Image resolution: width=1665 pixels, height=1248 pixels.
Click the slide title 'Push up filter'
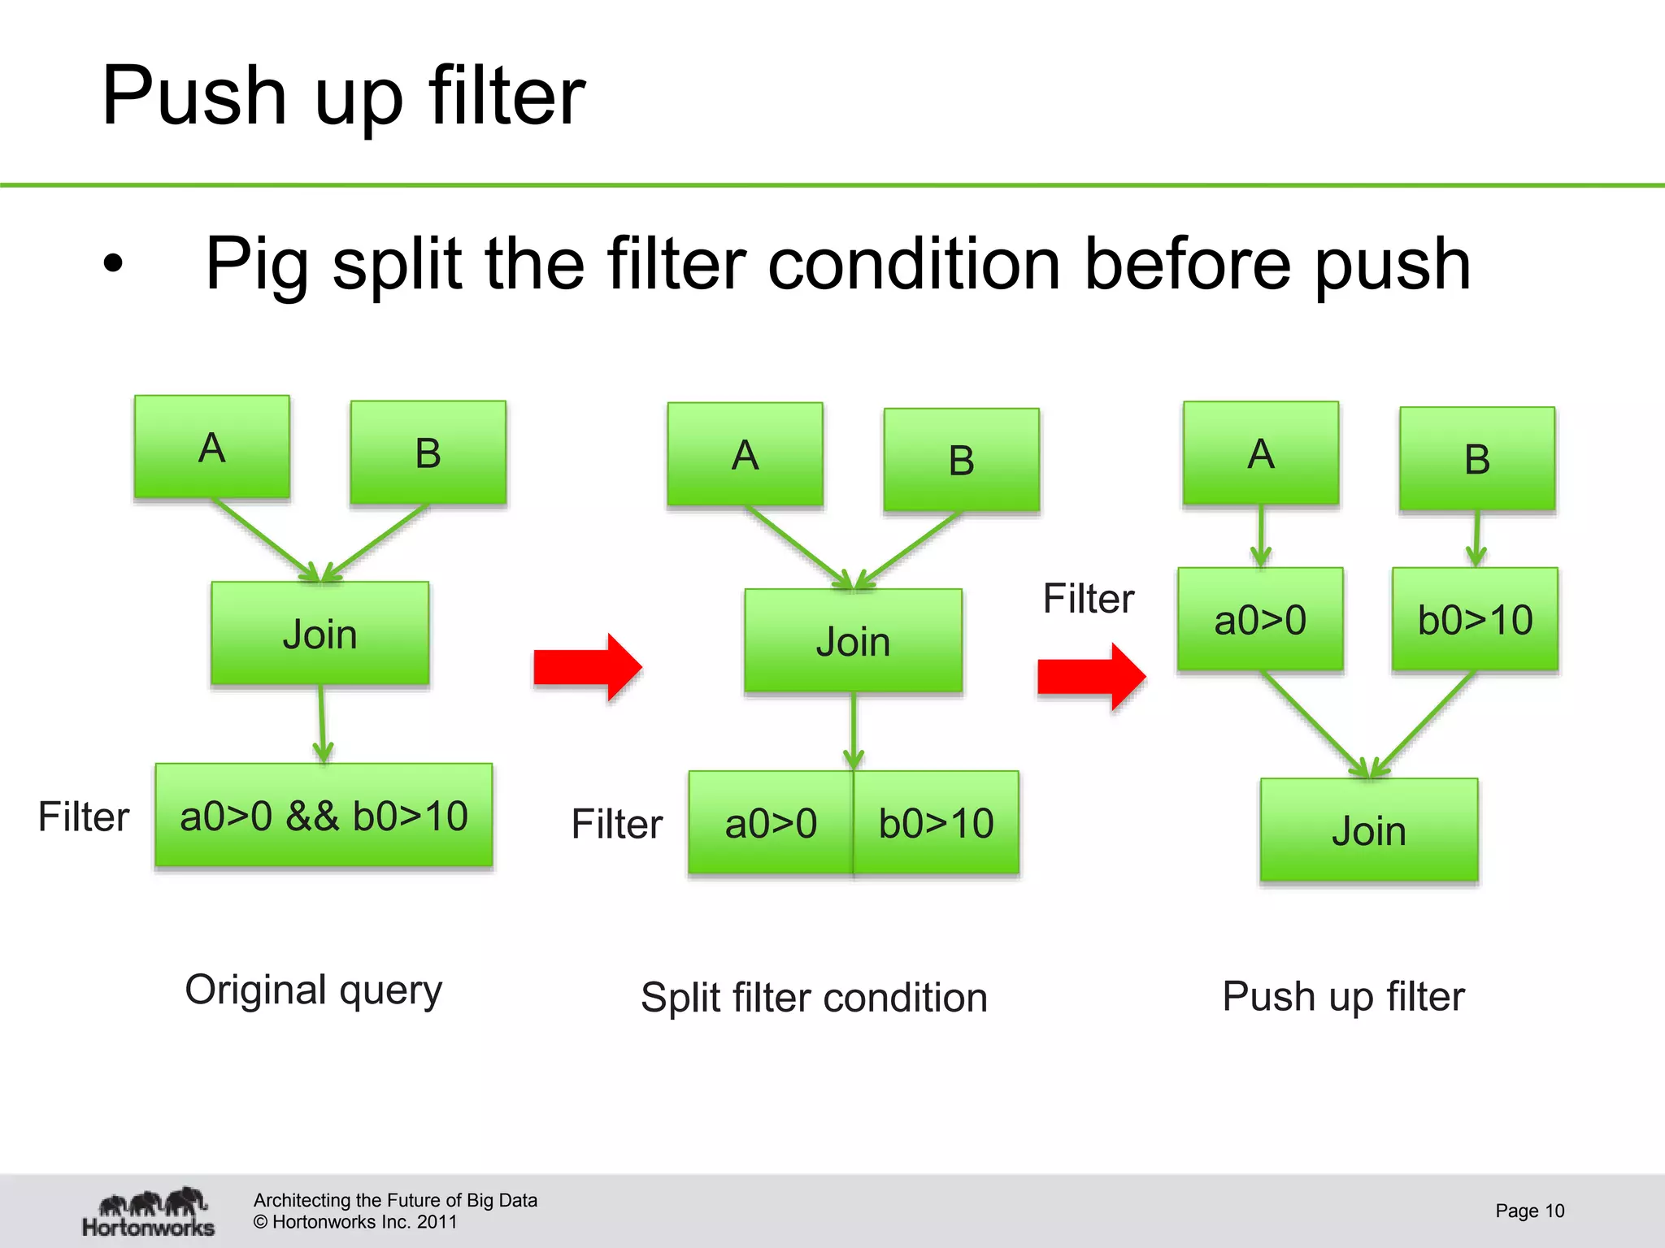[342, 96]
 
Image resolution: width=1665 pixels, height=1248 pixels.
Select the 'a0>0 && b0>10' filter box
[324, 816]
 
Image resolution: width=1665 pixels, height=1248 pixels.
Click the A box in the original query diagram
[212, 447]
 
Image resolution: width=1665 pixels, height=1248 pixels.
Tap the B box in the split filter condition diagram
[961, 460]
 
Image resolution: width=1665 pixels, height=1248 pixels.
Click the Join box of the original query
[320, 634]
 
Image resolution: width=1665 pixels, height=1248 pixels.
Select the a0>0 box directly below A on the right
[1260, 620]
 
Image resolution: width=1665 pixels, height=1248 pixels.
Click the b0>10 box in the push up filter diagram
[1475, 620]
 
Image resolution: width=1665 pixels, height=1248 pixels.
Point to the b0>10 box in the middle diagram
[937, 823]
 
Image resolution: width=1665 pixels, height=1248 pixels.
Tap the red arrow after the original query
[588, 667]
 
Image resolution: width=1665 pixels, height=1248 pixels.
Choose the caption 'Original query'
[314, 990]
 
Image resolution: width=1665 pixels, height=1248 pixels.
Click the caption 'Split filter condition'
[814, 998]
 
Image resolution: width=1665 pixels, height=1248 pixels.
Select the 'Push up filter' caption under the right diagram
[1343, 996]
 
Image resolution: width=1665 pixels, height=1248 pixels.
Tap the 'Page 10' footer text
[1529, 1211]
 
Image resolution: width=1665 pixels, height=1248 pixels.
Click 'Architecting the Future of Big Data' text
[395, 1200]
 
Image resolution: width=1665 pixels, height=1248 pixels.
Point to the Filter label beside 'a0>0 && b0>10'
[84, 817]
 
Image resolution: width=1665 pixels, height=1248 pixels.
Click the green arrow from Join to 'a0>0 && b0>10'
[322, 723]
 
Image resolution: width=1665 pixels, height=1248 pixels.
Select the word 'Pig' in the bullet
[256, 263]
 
